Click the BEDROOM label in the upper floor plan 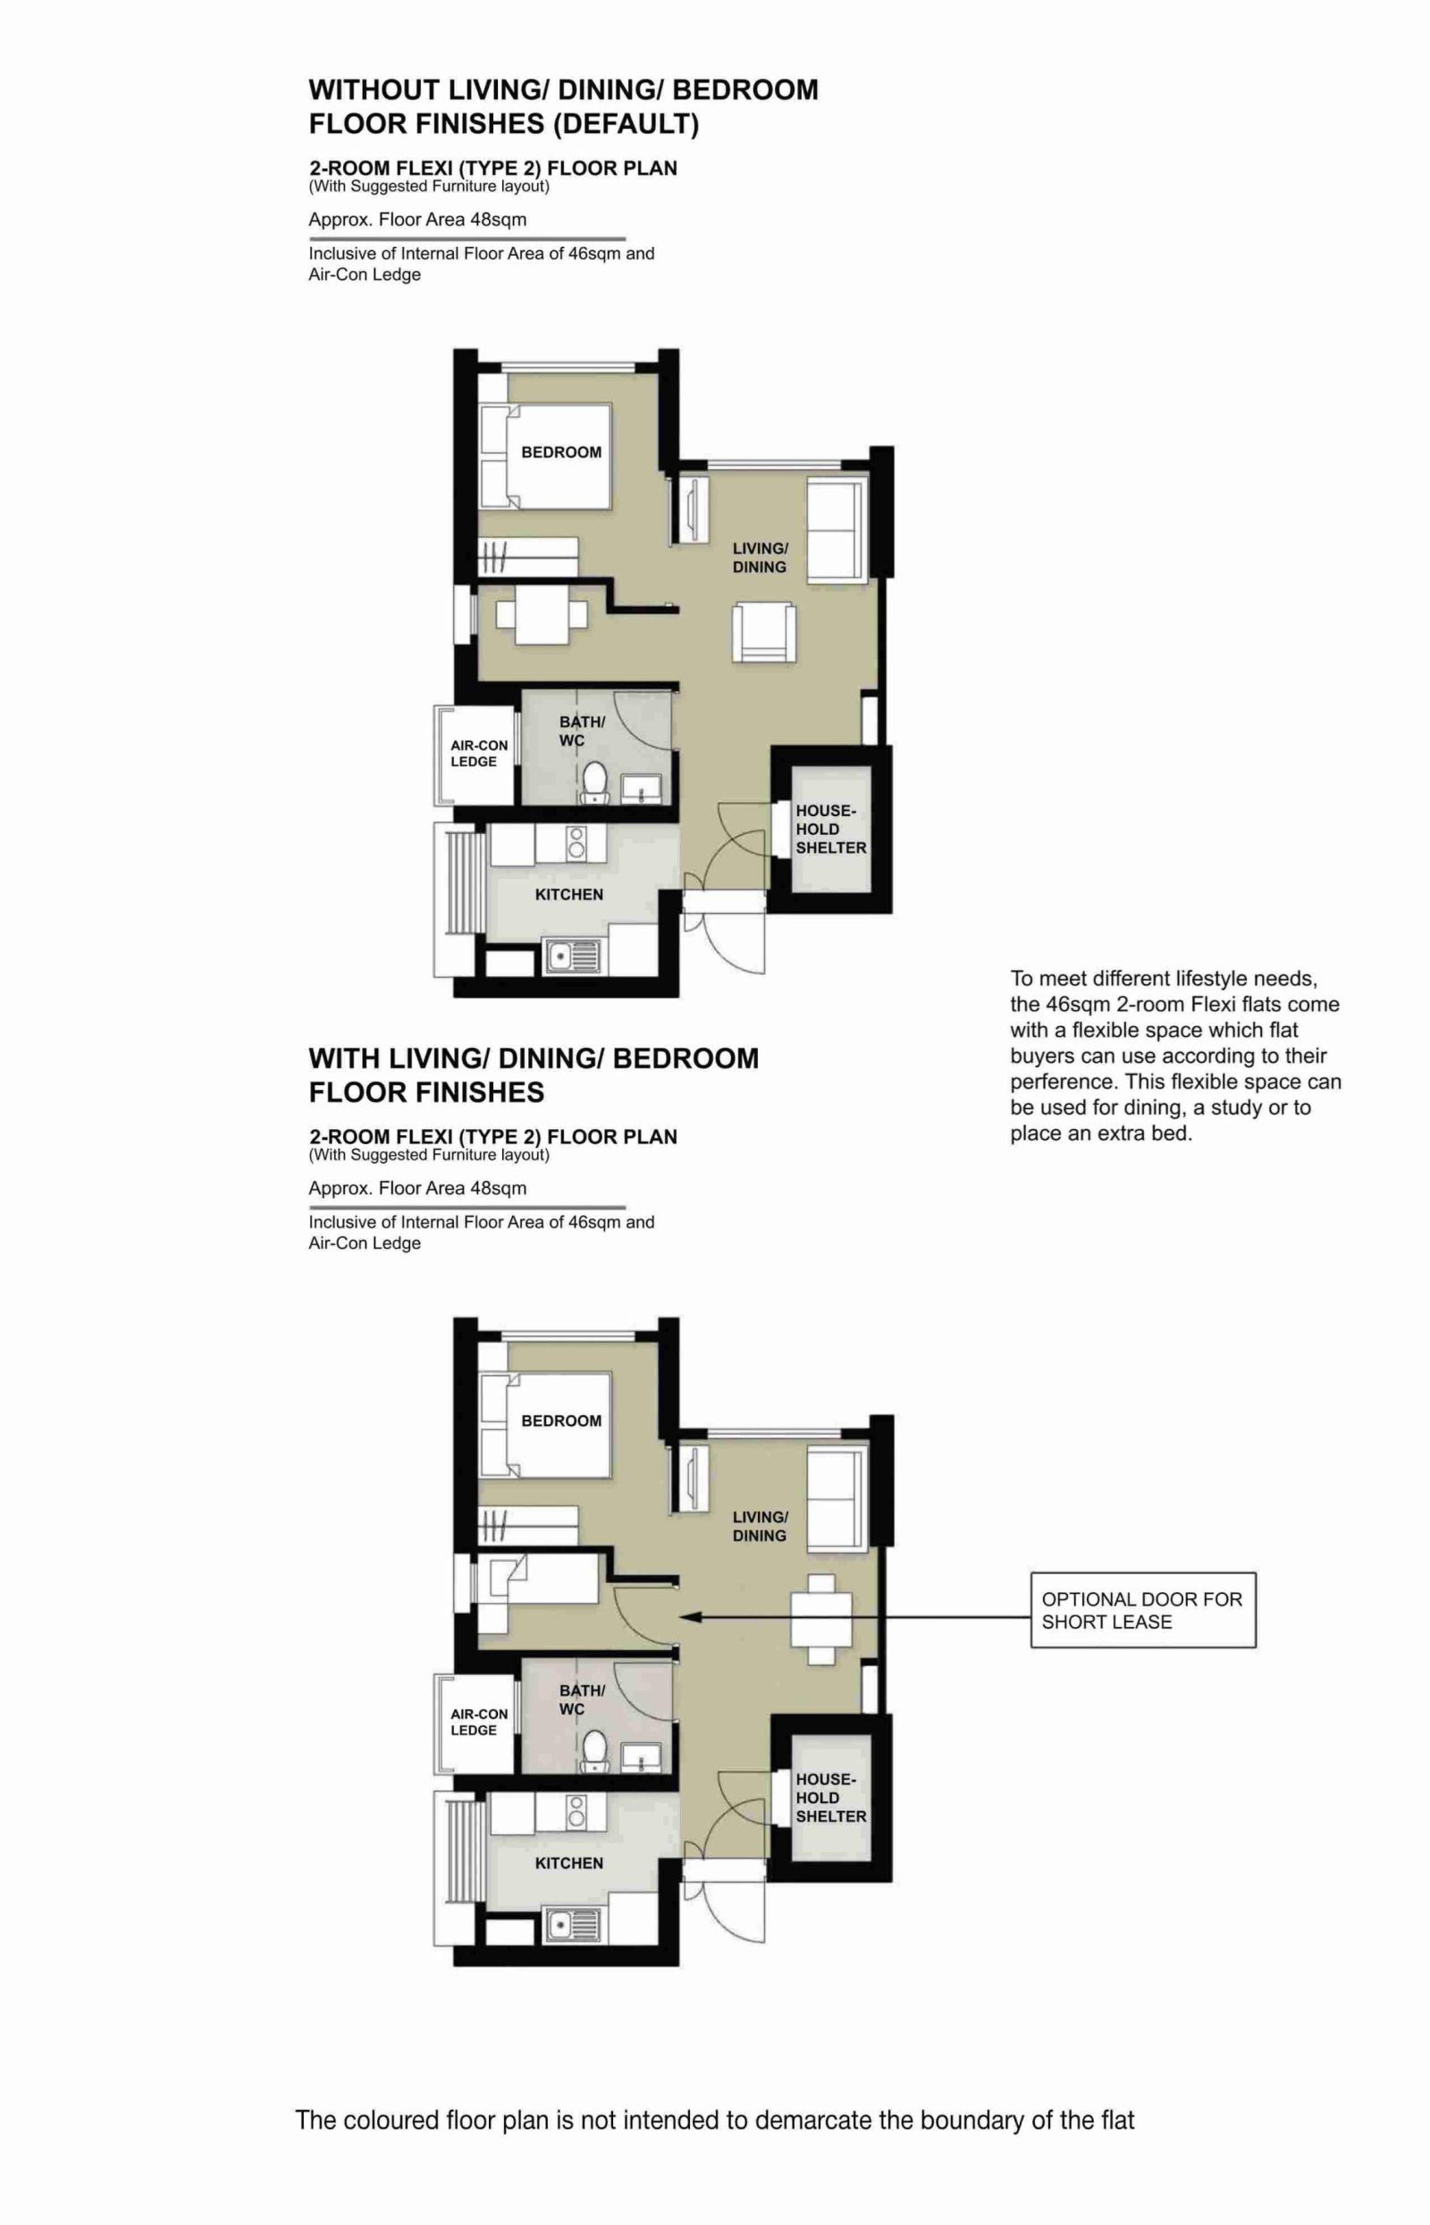pos(561,452)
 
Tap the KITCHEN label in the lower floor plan pos(568,1863)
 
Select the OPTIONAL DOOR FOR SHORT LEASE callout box pos(1142,1610)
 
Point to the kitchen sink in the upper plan pos(572,956)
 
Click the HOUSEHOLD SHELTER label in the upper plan pos(830,830)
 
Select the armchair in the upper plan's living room pos(763,632)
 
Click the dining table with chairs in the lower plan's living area pos(820,1619)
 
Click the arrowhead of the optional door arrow pos(687,1617)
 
